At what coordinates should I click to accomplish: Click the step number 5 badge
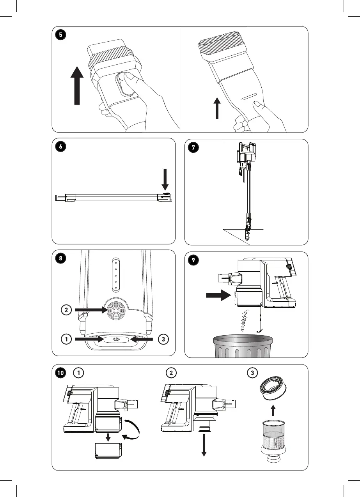coord(60,35)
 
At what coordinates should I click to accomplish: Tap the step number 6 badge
coord(60,147)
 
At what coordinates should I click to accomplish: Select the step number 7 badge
coord(193,147)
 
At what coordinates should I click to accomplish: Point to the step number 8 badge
coord(60,258)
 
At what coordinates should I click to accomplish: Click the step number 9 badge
coord(193,260)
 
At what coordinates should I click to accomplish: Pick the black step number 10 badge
coord(61,373)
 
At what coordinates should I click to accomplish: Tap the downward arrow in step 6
coord(165,180)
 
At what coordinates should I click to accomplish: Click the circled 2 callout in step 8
coord(67,310)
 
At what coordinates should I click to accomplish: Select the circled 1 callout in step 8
coord(67,340)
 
